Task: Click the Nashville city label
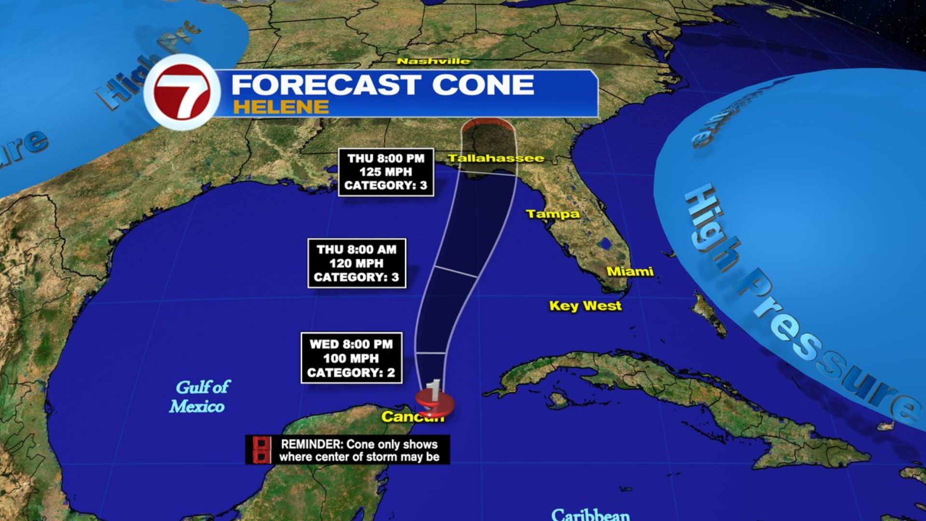[433, 61]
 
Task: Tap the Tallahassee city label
[496, 158]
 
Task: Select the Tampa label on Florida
[552, 214]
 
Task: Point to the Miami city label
[630, 272]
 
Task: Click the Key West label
[585, 306]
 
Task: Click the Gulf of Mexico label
[199, 397]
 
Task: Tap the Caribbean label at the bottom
[590, 514]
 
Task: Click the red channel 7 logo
[182, 93]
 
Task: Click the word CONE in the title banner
[483, 85]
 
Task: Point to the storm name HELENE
[281, 107]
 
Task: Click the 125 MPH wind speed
[385, 172]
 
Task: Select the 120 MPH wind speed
[356, 263]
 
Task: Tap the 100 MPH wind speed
[351, 358]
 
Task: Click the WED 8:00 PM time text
[351, 344]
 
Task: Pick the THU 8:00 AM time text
[356, 249]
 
